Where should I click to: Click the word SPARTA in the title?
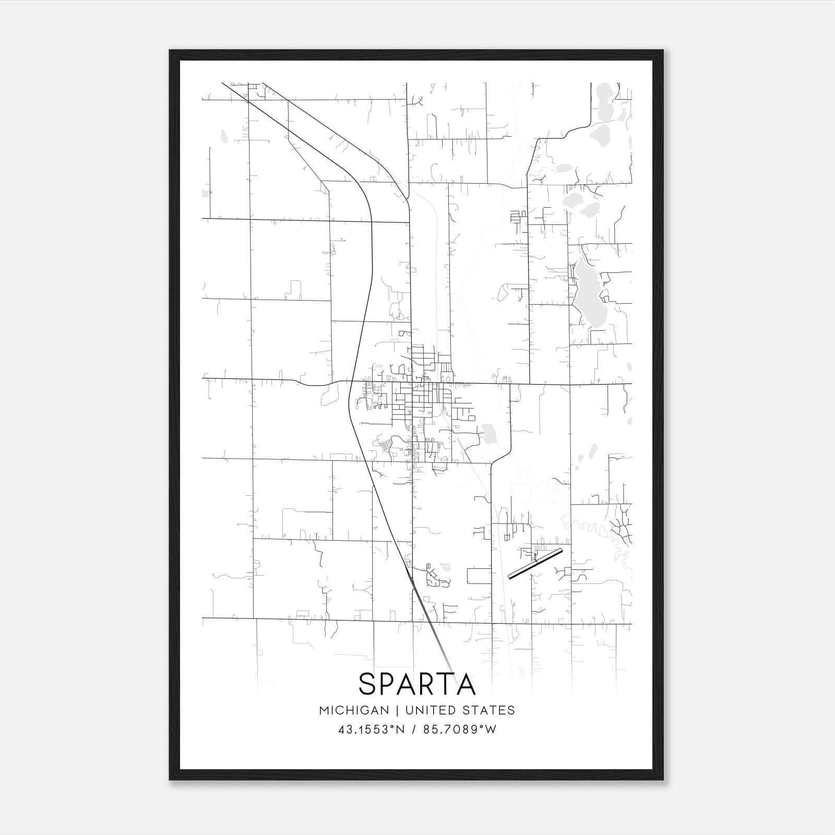click(x=417, y=684)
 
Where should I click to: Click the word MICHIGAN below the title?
click(x=354, y=710)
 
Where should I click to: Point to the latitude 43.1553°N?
click(x=371, y=730)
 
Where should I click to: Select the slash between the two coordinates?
click(x=414, y=730)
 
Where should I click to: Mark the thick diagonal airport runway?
click(x=535, y=564)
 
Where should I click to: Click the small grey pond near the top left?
click(x=224, y=136)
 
